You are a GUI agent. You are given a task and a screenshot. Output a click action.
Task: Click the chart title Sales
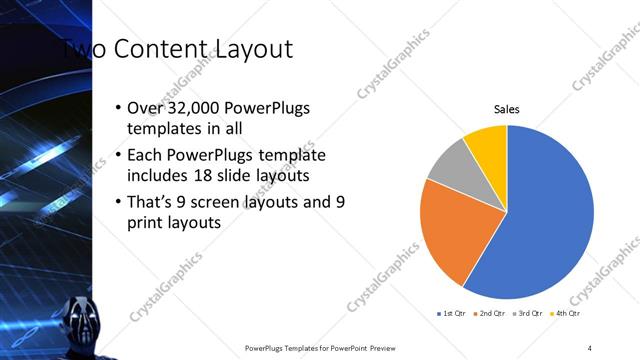click(x=507, y=109)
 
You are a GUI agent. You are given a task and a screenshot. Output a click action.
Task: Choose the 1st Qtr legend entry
click(x=451, y=314)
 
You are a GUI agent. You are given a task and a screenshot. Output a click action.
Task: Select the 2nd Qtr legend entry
click(x=489, y=314)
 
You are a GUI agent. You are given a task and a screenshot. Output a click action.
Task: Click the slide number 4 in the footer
click(x=590, y=348)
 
